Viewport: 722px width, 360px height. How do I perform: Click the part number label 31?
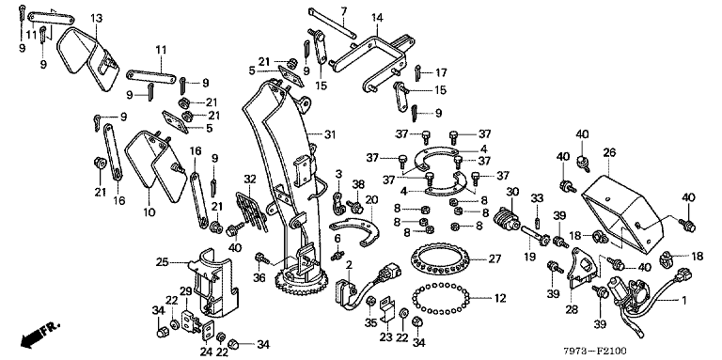coord(330,135)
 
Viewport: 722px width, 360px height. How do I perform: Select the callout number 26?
coord(609,151)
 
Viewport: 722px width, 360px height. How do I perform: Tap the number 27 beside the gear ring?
coord(494,258)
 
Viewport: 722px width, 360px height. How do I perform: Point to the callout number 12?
coord(500,298)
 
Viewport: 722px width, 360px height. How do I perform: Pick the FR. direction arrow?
coord(40,335)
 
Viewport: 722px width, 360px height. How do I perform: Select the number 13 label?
coord(96,18)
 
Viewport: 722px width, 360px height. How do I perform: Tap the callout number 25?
coord(162,263)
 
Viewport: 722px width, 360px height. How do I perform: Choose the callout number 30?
coord(512,192)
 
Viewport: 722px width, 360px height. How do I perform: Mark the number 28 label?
coord(572,310)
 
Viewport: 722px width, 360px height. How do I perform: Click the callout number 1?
coord(683,301)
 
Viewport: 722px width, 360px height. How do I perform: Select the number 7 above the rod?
coord(343,9)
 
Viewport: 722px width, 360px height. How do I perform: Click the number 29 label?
coord(185,292)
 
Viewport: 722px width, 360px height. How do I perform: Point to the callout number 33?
coord(537,198)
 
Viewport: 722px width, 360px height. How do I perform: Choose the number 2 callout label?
coord(349,265)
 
